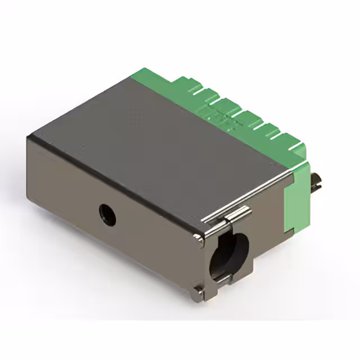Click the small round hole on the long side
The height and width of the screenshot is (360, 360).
107,214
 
